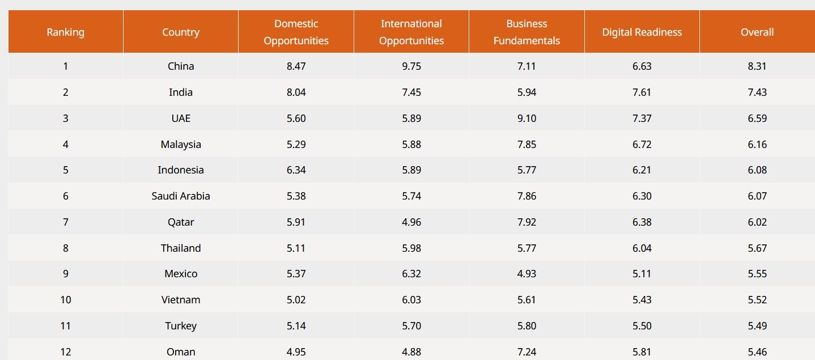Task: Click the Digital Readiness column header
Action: [642, 32]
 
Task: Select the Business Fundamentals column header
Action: [527, 32]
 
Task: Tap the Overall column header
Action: [757, 32]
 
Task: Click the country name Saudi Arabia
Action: [181, 196]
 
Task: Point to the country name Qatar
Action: [181, 222]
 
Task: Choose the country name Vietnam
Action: [181, 300]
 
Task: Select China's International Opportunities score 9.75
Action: [411, 66]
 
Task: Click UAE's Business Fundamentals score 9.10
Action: [527, 118]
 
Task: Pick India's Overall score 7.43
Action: [757, 92]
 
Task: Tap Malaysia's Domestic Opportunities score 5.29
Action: [296, 145]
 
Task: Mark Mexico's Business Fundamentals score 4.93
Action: [527, 274]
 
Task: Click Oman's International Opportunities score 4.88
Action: [411, 352]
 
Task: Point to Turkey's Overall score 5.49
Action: [757, 326]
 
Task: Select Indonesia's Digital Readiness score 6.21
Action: [642, 170]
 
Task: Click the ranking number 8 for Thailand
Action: [66, 248]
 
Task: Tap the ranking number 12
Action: [66, 352]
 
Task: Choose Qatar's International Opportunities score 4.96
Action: [411, 222]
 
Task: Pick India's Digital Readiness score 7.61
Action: [642, 92]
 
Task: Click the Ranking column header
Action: [66, 32]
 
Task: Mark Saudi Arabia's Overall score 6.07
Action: [757, 196]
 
